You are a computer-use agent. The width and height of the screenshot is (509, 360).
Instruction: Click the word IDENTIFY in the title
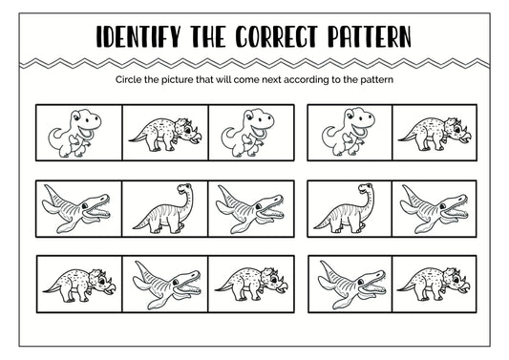point(138,36)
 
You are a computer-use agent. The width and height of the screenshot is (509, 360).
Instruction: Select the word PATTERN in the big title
point(370,36)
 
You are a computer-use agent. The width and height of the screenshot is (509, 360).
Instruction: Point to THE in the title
point(208,36)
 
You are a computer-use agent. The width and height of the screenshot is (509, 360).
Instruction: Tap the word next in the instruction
point(271,80)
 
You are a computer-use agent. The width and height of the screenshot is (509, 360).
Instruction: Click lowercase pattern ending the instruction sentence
point(376,80)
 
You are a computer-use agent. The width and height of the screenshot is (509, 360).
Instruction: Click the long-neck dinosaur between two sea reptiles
point(163,208)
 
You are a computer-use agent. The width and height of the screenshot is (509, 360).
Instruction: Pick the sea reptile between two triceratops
point(167,285)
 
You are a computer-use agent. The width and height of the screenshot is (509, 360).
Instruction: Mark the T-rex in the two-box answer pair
point(349,132)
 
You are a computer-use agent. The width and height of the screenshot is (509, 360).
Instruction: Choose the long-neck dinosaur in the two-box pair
point(344,208)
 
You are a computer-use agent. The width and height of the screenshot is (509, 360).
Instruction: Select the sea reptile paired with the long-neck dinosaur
point(434,209)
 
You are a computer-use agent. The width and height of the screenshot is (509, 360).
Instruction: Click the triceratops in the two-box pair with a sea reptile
point(433,285)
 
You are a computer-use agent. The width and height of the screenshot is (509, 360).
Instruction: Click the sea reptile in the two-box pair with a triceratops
point(351,285)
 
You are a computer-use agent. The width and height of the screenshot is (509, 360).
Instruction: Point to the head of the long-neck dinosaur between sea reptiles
point(184,188)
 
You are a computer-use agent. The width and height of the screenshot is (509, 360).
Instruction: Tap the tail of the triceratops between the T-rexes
point(138,138)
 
